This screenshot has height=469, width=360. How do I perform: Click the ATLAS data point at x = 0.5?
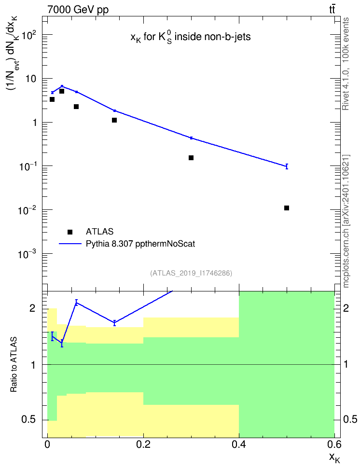pos(287,208)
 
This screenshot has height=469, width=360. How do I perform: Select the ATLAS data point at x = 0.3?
pos(191,158)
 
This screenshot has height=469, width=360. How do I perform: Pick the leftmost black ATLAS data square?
pos(52,99)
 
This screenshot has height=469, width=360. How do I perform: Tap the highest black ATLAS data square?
pos(62,91)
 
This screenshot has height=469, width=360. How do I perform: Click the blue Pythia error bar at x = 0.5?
pos(287,166)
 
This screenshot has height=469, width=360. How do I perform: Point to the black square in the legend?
pos(70,232)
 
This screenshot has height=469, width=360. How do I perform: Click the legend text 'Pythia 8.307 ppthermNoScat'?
pos(140,244)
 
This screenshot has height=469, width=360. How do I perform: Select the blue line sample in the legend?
pos(70,244)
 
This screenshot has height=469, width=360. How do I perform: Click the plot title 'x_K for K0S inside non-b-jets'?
pos(191,37)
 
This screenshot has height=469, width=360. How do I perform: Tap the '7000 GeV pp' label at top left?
pos(78,10)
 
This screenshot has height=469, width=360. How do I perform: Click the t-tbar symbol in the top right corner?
pos(332,10)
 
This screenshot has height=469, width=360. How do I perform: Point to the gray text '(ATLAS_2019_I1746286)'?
pos(191,273)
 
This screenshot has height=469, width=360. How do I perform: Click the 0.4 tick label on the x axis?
pos(239,444)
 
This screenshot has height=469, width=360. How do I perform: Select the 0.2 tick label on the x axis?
pos(143,444)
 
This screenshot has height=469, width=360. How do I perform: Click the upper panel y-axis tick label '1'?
pos(34,123)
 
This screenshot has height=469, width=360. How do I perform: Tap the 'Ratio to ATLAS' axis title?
pos(14,364)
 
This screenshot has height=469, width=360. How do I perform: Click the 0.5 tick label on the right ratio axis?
pos(350,419)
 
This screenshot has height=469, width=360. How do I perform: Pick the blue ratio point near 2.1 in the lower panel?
pos(76,303)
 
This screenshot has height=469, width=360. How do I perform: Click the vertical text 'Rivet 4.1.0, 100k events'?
pos(346,64)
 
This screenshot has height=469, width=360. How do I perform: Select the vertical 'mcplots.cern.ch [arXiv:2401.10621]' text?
pos(346,221)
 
